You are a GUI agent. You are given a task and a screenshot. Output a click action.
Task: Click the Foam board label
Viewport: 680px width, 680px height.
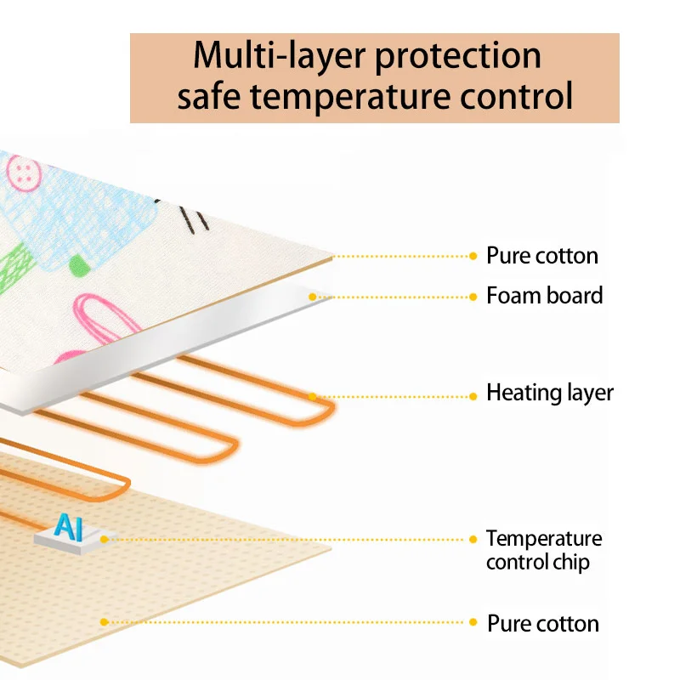pos(544,296)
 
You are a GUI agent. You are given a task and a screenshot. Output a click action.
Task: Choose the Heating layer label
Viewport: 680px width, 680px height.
pos(549,393)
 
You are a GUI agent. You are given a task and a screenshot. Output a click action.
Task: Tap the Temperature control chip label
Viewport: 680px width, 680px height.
pos(544,550)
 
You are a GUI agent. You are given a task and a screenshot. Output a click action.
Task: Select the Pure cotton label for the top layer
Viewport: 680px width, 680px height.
pos(542,255)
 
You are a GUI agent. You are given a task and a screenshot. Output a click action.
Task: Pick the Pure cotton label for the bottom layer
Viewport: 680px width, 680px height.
pos(542,623)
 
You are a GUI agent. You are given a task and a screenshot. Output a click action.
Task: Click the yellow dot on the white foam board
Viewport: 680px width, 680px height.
pos(312,297)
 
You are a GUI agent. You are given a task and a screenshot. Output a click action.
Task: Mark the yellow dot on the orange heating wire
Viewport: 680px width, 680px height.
pos(313,396)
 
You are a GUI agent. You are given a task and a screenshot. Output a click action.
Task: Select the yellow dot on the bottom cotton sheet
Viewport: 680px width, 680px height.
pos(104,622)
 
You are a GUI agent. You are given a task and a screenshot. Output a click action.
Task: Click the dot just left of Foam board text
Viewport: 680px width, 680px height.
pos(473,297)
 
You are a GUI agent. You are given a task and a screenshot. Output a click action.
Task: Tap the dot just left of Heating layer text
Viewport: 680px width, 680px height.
pos(473,396)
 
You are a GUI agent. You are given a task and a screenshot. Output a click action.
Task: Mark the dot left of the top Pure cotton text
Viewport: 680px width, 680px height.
pos(473,255)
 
